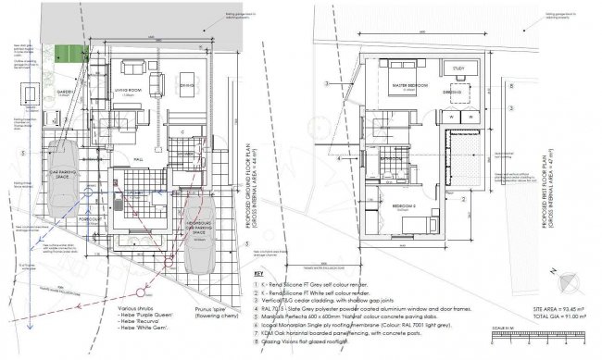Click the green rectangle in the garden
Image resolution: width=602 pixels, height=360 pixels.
click(x=66, y=55)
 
